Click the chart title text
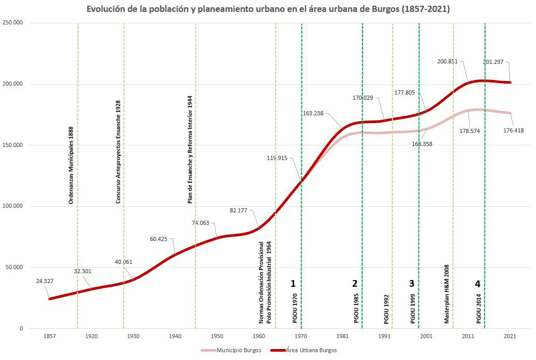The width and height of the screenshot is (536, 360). point(268,9)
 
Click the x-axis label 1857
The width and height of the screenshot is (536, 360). point(49,336)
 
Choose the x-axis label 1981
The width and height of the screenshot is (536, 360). point(343,336)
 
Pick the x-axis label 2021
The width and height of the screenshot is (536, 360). point(510,336)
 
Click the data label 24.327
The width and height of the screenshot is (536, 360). point(45,281)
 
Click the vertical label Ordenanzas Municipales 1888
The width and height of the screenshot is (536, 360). point(71,164)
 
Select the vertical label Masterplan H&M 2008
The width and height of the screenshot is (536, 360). point(446,294)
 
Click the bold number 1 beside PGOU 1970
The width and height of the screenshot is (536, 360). point(293,284)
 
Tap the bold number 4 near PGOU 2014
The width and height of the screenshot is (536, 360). point(477,284)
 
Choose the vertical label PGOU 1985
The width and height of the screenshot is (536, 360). point(356,308)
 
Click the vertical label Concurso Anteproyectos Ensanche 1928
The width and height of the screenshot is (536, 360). point(118,152)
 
